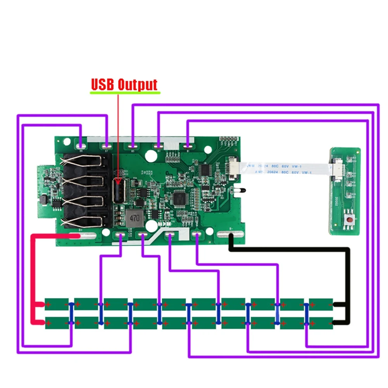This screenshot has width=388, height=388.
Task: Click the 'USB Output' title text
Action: coord(124,84)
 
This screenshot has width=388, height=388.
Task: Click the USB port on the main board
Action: coord(117,190)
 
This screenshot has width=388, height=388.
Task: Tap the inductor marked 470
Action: coord(133,218)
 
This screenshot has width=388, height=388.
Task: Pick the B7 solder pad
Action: coord(107,146)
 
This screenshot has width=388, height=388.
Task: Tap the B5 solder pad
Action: coord(133,146)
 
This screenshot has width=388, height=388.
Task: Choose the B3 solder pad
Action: coord(158,146)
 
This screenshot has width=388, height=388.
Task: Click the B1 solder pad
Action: coord(188,146)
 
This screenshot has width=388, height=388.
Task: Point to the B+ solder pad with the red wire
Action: coord(81,235)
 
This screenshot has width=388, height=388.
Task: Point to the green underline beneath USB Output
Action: coord(124,93)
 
